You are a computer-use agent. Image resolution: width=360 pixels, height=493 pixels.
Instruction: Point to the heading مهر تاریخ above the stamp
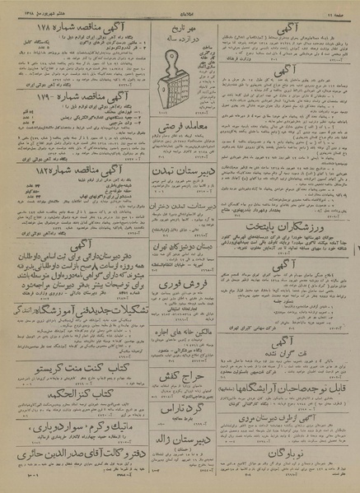180,29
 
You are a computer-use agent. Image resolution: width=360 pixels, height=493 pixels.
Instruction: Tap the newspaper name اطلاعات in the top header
180,7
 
